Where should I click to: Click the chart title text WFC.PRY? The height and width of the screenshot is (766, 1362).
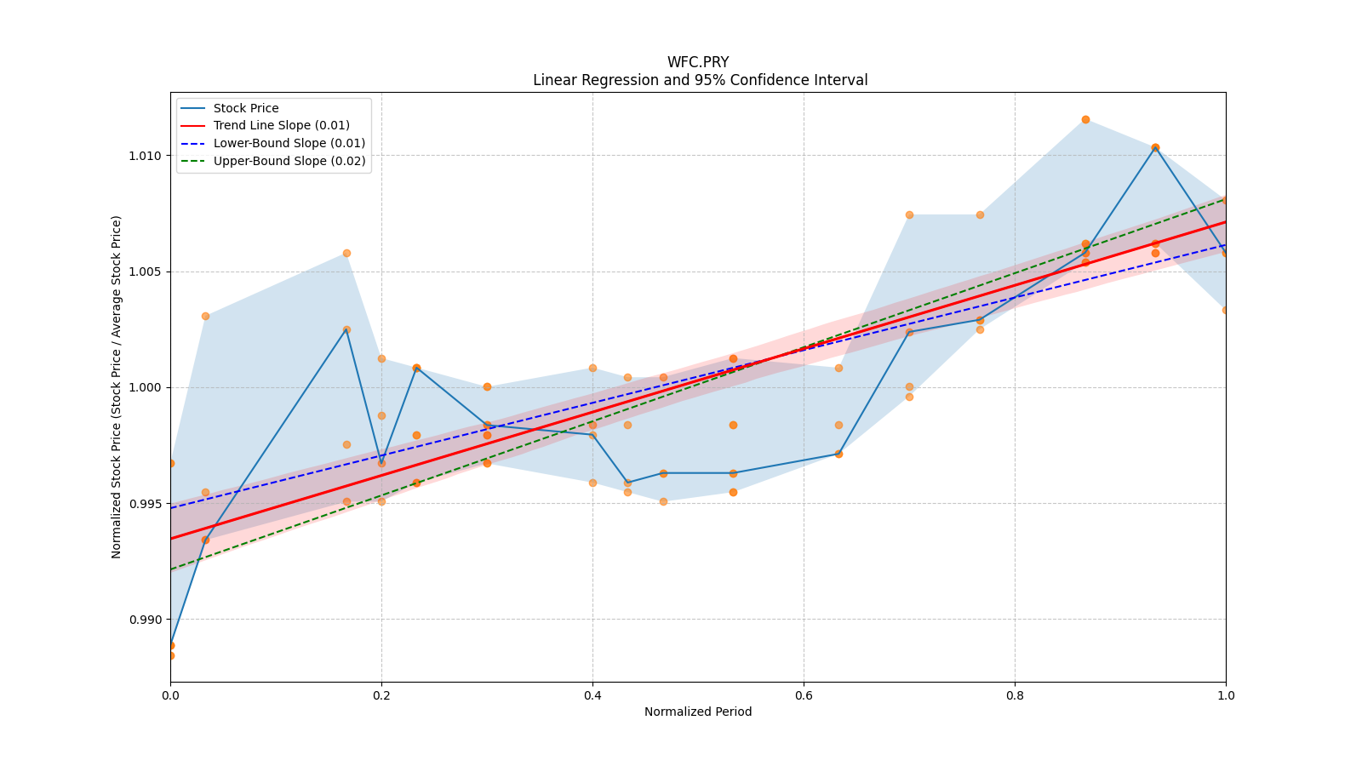tap(698, 62)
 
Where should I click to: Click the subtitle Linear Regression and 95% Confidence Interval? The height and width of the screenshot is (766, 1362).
tap(700, 80)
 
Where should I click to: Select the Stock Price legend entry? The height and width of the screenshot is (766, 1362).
tap(246, 108)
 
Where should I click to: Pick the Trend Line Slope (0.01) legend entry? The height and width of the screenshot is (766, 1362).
tap(281, 125)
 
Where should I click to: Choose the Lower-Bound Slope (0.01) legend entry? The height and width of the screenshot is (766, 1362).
tap(289, 143)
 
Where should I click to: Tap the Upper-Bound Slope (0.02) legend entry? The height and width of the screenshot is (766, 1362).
tap(289, 161)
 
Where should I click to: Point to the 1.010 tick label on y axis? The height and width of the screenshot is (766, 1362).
tap(144, 156)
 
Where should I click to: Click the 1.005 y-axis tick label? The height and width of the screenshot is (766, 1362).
tap(144, 272)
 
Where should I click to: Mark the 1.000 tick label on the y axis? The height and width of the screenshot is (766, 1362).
tap(144, 387)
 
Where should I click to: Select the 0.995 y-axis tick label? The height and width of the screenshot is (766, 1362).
tap(144, 504)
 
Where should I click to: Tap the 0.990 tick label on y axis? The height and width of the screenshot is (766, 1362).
tap(144, 620)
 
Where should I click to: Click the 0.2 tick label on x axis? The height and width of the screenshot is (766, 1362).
tap(381, 695)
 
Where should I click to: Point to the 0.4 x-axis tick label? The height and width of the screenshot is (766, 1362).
tap(592, 695)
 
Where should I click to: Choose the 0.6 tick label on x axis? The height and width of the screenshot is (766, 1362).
tap(804, 695)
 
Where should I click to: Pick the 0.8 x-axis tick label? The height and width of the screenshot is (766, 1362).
tap(1015, 695)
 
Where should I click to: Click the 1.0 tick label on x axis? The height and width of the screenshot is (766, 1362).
tap(1226, 695)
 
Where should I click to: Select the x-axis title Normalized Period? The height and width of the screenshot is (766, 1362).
tap(698, 712)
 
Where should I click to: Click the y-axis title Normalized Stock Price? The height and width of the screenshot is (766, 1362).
tap(117, 387)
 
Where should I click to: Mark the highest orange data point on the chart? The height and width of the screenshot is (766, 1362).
tap(1085, 119)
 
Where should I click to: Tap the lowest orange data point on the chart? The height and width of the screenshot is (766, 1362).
tap(171, 655)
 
